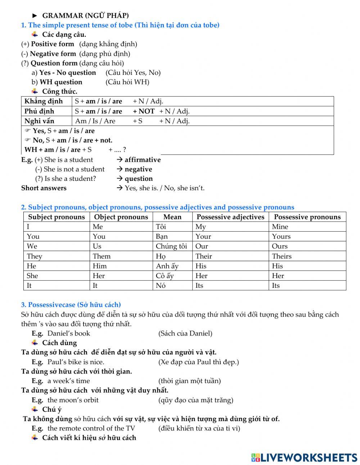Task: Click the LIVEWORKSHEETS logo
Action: pos(304,457)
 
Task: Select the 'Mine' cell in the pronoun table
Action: pos(280,227)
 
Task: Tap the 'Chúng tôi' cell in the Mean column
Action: pos(171,246)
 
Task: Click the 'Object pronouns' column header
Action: pos(121,217)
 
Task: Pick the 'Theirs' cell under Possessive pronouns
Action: pos(282,256)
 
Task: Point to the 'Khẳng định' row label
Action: pos(44,101)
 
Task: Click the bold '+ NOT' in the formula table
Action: pos(144,111)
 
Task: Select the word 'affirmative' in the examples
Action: pos(143,160)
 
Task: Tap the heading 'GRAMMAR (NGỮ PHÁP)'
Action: pos(85,15)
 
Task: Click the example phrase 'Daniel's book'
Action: pos(69,333)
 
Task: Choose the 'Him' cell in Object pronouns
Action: pos(100,266)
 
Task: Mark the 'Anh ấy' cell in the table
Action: pos(167,266)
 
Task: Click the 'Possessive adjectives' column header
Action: pos(230,217)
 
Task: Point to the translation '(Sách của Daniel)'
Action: pos(185,333)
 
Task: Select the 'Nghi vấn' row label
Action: pos(39,121)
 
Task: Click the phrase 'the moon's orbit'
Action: pos(73,400)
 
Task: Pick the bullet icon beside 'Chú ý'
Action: pos(35,409)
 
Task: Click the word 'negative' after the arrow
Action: pos(138,169)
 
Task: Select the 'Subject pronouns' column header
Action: pos(57,217)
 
